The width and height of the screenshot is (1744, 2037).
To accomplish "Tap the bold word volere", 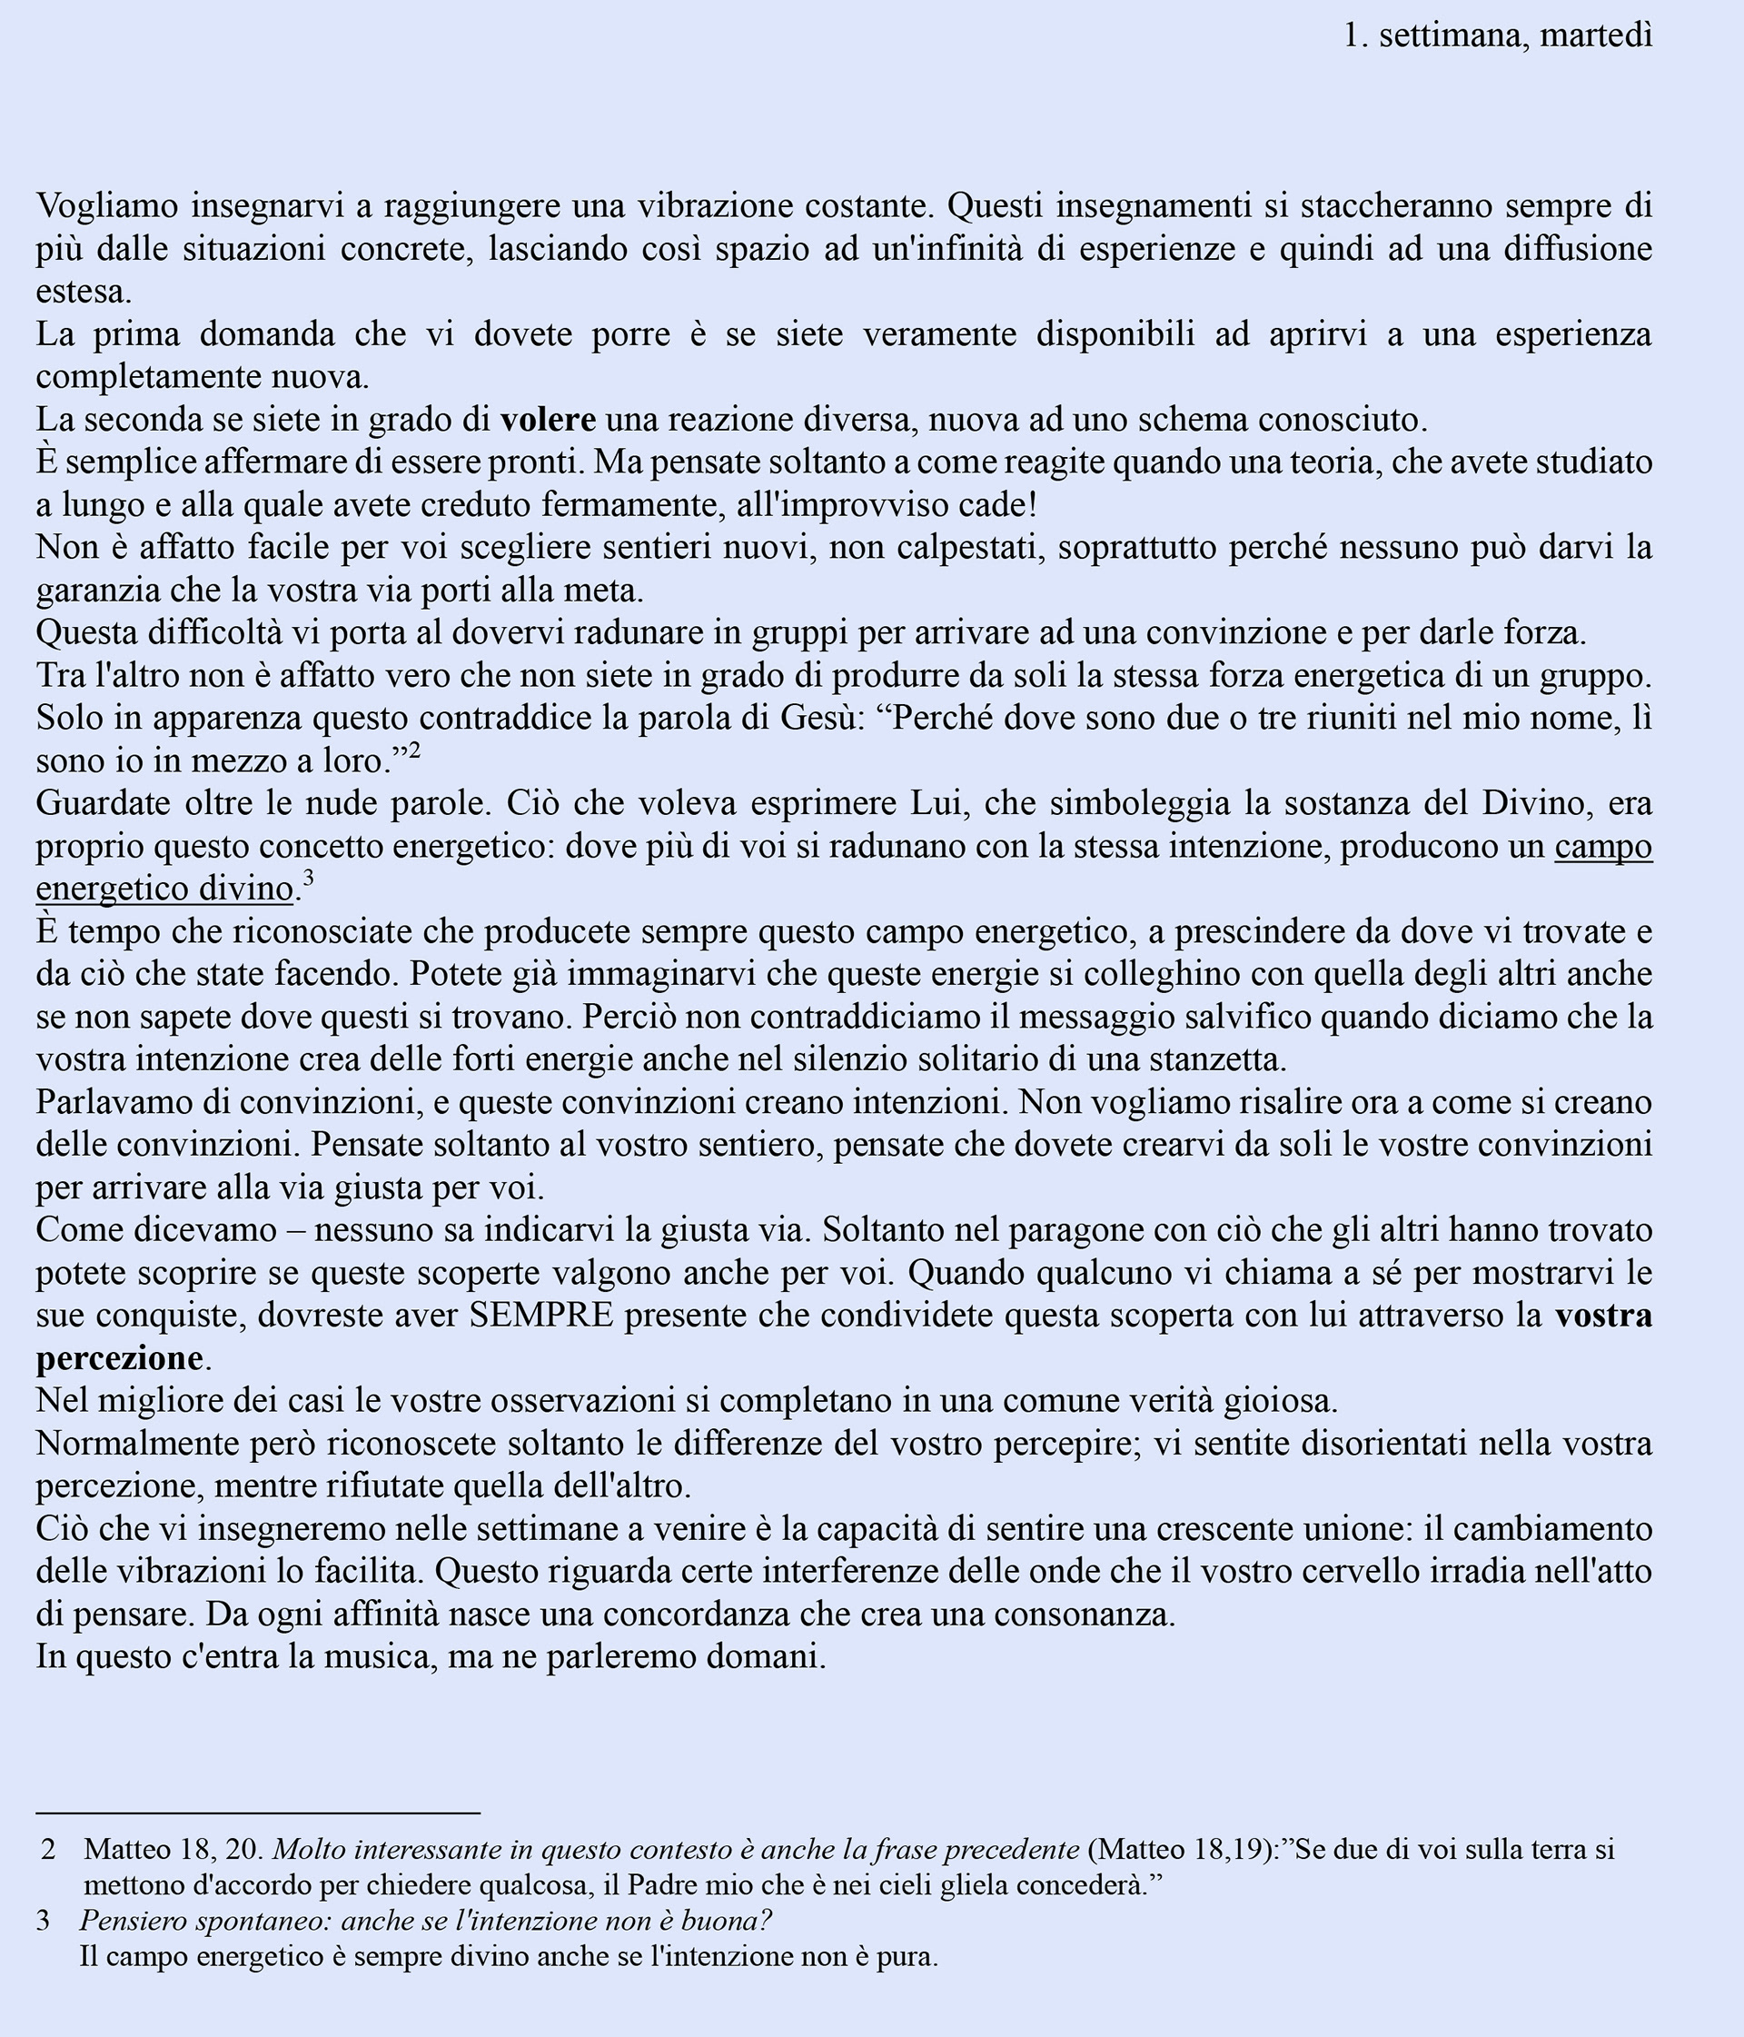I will (548, 420).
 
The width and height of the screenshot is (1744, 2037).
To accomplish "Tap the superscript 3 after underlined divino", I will (308, 879).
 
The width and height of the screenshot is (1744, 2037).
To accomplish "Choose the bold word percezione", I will (119, 1358).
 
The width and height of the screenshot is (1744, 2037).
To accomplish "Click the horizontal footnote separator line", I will (258, 1812).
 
